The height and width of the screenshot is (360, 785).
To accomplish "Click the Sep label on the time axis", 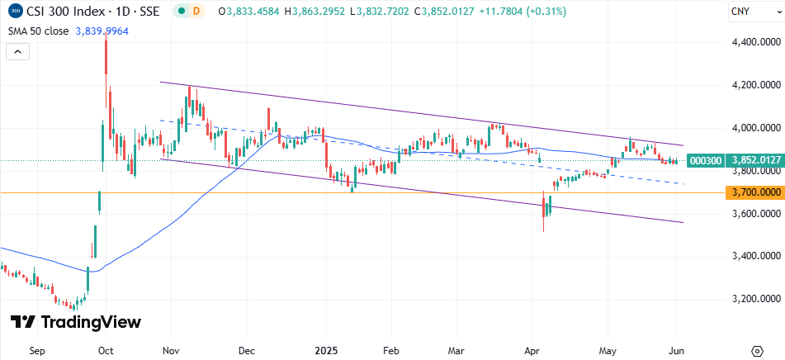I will click(36, 350).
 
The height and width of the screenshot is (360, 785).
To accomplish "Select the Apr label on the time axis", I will click(532, 350).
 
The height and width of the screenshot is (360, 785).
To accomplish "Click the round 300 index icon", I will click(15, 12).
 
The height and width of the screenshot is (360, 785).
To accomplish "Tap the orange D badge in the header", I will click(196, 12).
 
